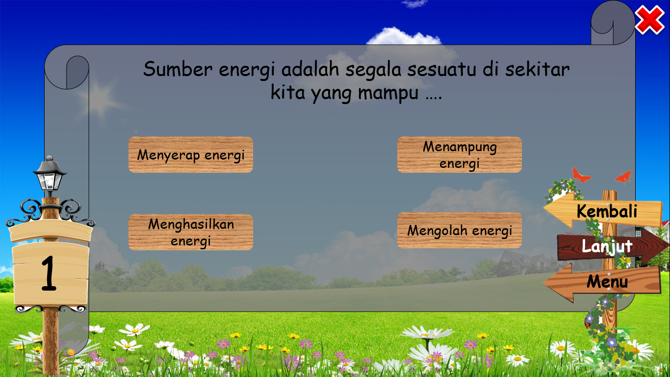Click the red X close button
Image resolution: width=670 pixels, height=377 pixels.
click(649, 20)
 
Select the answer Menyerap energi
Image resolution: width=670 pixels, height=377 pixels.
click(191, 155)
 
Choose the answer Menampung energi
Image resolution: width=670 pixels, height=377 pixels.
click(459, 155)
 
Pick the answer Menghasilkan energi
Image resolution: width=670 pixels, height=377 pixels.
click(191, 232)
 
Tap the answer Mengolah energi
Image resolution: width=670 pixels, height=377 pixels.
click(459, 230)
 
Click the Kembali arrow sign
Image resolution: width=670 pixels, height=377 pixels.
click(606, 211)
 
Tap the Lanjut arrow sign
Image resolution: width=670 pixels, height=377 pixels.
click(607, 246)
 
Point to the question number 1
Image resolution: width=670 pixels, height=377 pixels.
click(49, 275)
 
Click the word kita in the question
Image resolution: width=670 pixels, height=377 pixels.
click(288, 93)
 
